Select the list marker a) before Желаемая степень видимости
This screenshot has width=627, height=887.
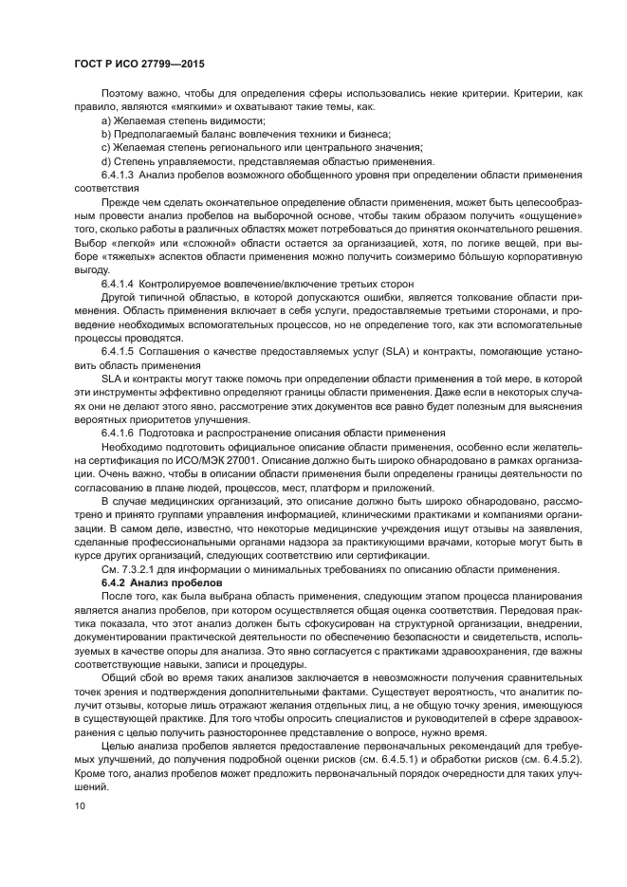(105, 121)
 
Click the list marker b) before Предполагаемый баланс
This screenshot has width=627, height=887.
(105, 135)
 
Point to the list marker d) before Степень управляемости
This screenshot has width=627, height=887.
(105, 161)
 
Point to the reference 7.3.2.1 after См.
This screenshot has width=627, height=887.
(137, 568)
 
